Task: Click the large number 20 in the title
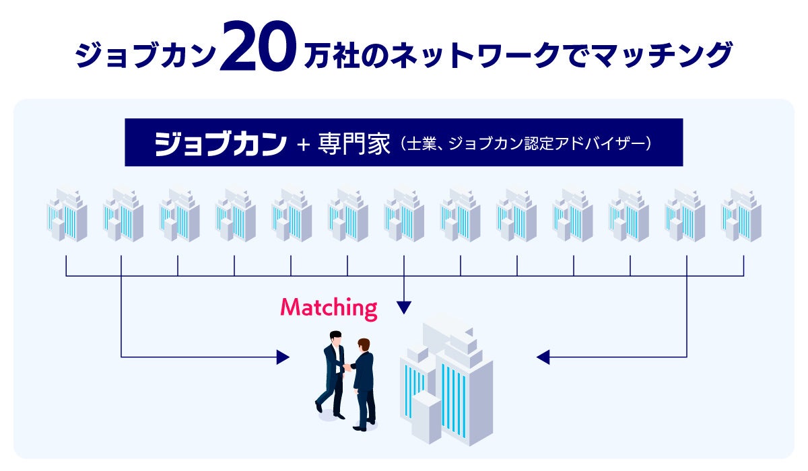[257, 48]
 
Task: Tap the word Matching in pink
[329, 308]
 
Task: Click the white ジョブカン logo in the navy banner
[220, 143]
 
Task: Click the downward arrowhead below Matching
[404, 308]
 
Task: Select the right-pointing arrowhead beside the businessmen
[283, 357]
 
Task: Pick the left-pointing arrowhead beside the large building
[543, 357]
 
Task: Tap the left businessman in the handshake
[332, 373]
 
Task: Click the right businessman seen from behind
[364, 384]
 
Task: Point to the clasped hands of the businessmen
[347, 367]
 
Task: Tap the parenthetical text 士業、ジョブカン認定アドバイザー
[525, 144]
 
